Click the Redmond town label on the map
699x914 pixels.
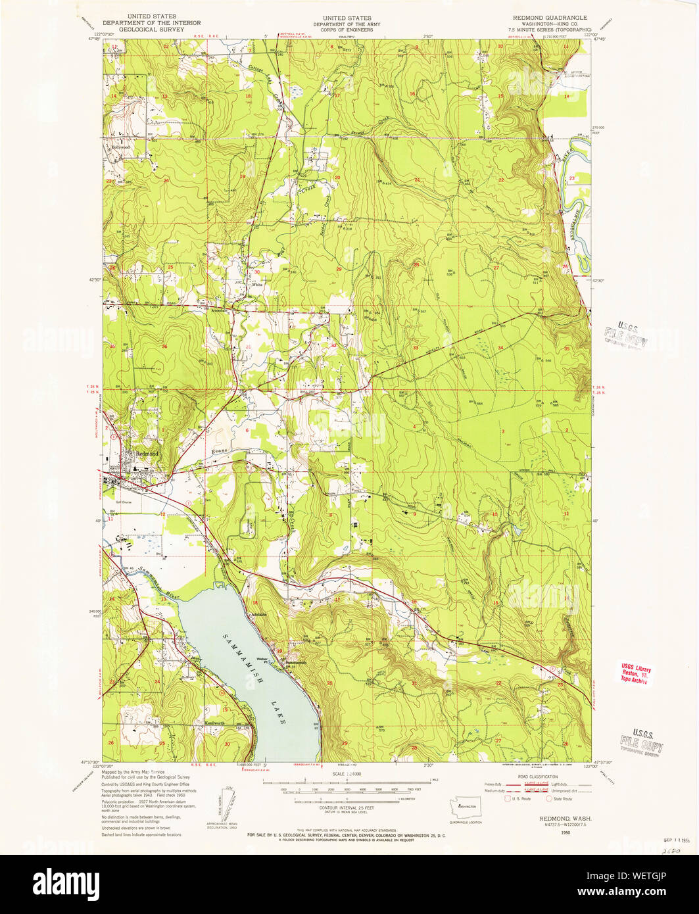[147, 454]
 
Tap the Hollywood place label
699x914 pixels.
[121, 147]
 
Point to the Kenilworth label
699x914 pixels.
[214, 722]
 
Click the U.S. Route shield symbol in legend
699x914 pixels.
[507, 799]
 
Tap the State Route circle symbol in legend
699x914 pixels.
[549, 799]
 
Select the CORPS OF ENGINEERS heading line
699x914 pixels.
[342, 30]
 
